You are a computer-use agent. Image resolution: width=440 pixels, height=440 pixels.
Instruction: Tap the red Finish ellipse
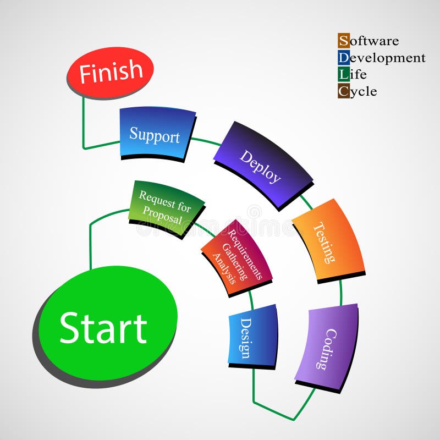click(x=111, y=72)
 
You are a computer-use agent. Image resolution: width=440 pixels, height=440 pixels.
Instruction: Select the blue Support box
click(x=156, y=134)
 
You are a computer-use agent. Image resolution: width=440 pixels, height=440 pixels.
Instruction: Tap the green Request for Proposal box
click(x=166, y=207)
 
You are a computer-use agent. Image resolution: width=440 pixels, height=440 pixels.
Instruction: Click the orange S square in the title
click(x=343, y=40)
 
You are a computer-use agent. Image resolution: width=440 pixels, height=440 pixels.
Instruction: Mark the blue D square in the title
click(x=343, y=57)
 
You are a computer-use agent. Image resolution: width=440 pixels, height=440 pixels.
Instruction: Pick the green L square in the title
click(x=343, y=74)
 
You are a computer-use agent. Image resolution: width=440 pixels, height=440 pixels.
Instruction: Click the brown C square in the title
click(x=343, y=91)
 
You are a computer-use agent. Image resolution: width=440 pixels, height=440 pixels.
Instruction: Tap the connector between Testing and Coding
click(x=340, y=292)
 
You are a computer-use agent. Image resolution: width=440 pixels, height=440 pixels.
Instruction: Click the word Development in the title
click(x=387, y=58)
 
